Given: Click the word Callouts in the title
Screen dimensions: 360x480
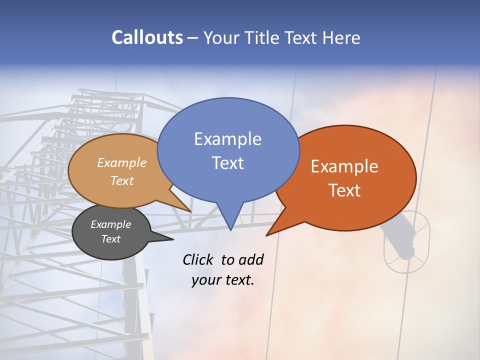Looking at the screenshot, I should point(147,37).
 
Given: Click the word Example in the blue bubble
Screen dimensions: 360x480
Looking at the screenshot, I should point(227,139).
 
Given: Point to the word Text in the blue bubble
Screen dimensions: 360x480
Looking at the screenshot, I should point(227,163).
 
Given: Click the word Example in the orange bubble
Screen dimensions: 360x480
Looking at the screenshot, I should point(344,166).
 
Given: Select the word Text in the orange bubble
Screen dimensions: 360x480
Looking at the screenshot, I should point(344,190).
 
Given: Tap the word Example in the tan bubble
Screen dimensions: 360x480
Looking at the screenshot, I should point(122,163).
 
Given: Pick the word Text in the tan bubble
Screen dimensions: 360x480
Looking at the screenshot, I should point(122,180).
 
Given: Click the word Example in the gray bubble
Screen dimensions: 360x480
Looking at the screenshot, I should point(110,224).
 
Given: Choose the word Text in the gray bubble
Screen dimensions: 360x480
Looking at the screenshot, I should point(110,239).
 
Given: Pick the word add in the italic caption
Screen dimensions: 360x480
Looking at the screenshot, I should point(251,259).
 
